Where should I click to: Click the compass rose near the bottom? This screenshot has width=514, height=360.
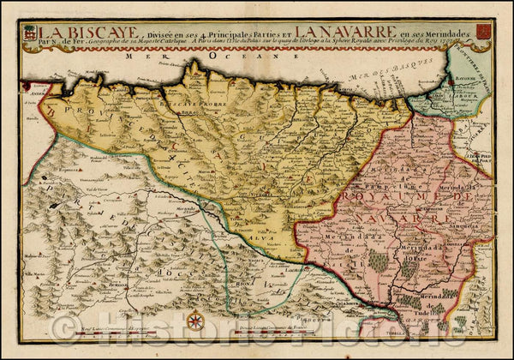tap(195, 321)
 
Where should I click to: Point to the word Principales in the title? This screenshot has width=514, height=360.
tap(218, 34)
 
